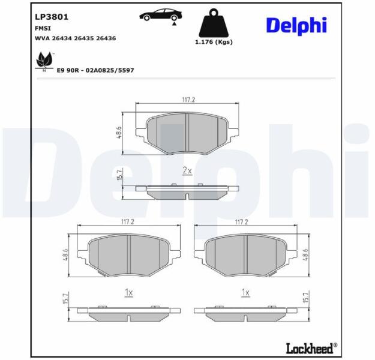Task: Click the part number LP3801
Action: point(52,17)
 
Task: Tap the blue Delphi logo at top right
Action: point(296,26)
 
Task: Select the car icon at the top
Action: point(161,15)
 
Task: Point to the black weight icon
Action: point(214,23)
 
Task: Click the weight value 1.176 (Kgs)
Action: point(214,42)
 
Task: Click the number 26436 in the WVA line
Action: point(106,38)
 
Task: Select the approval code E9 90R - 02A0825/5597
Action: point(95,70)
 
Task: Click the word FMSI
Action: point(43,28)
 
